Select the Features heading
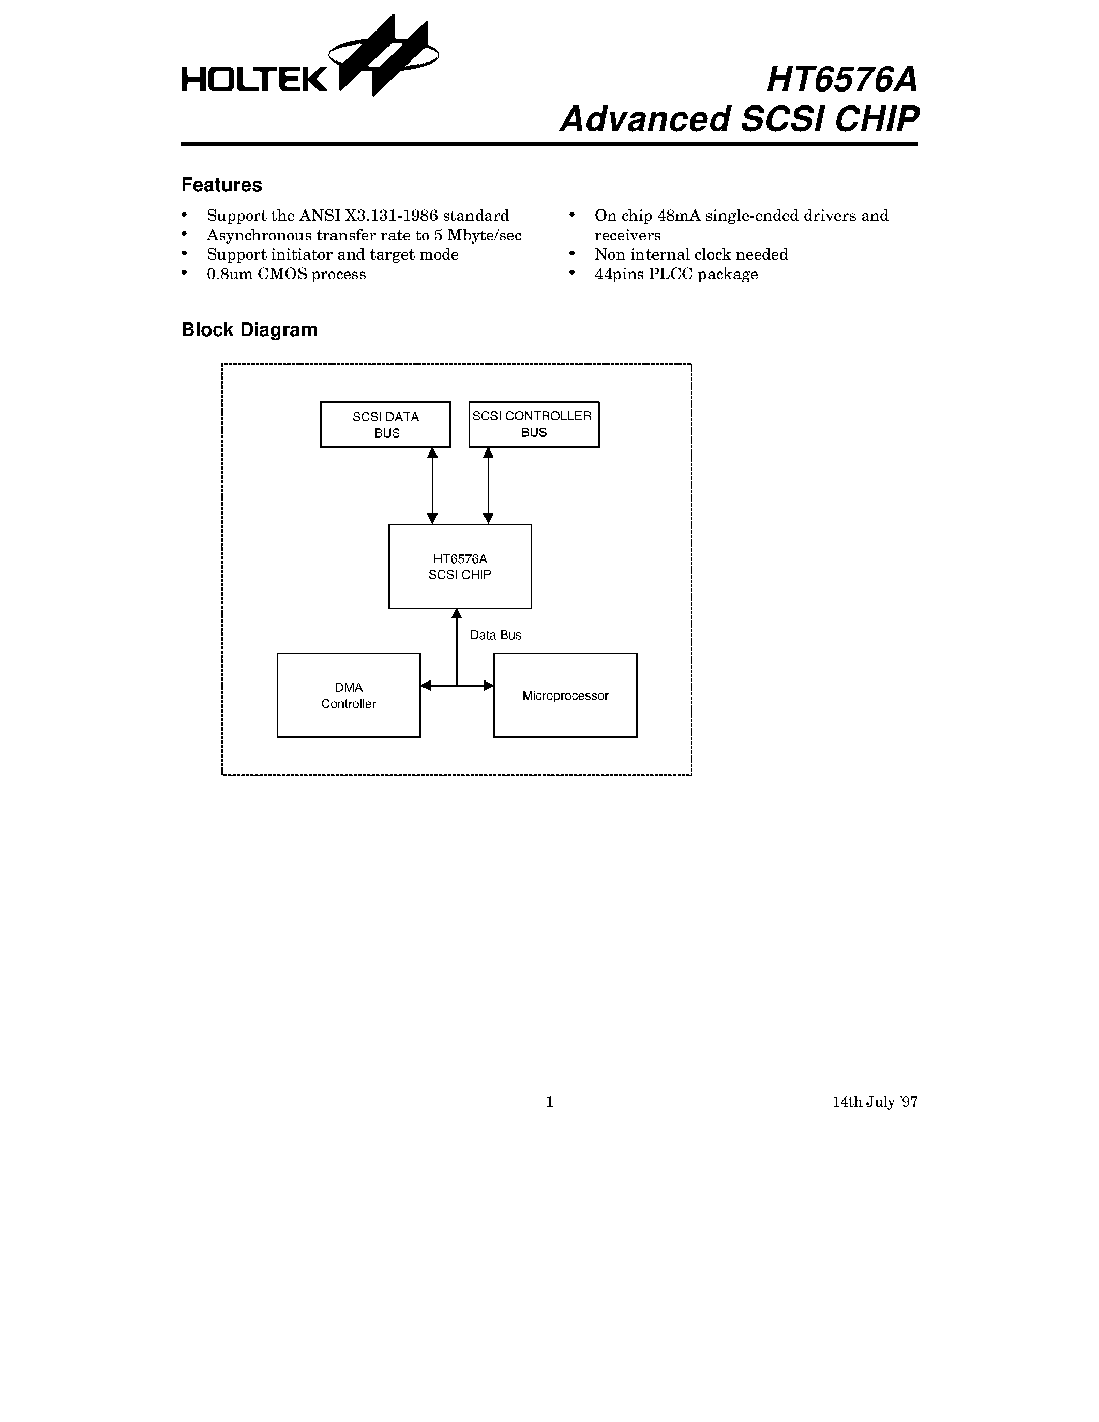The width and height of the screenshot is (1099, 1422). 221,186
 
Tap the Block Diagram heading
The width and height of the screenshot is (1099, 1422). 249,330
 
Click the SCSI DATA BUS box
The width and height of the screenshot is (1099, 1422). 385,425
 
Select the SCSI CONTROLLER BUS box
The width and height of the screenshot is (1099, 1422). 533,425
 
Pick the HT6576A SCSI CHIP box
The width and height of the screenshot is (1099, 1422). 460,566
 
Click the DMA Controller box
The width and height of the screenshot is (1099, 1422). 349,695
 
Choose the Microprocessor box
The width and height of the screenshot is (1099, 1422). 565,695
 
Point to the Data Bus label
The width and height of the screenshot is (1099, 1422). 495,636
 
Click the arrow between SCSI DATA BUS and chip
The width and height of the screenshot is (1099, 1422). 432,486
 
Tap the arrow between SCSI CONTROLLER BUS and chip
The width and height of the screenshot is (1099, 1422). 488,486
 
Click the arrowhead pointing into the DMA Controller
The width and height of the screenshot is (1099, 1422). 426,685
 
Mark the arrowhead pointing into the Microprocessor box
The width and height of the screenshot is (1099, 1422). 488,685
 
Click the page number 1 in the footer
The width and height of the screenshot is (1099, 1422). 549,1101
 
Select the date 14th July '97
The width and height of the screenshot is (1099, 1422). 875,1101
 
